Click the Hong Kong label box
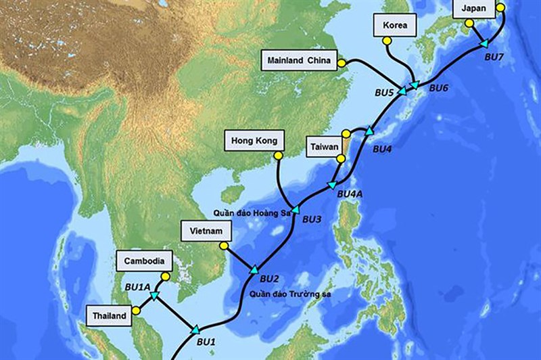(250, 141)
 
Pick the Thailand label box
(109, 315)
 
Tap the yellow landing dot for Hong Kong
(277, 156)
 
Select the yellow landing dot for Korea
(387, 41)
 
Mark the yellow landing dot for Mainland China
(342, 64)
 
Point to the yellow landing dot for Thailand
(137, 311)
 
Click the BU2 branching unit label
(269, 278)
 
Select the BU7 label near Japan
(495, 57)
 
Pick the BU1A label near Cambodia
(137, 287)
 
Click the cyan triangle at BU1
(195, 330)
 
